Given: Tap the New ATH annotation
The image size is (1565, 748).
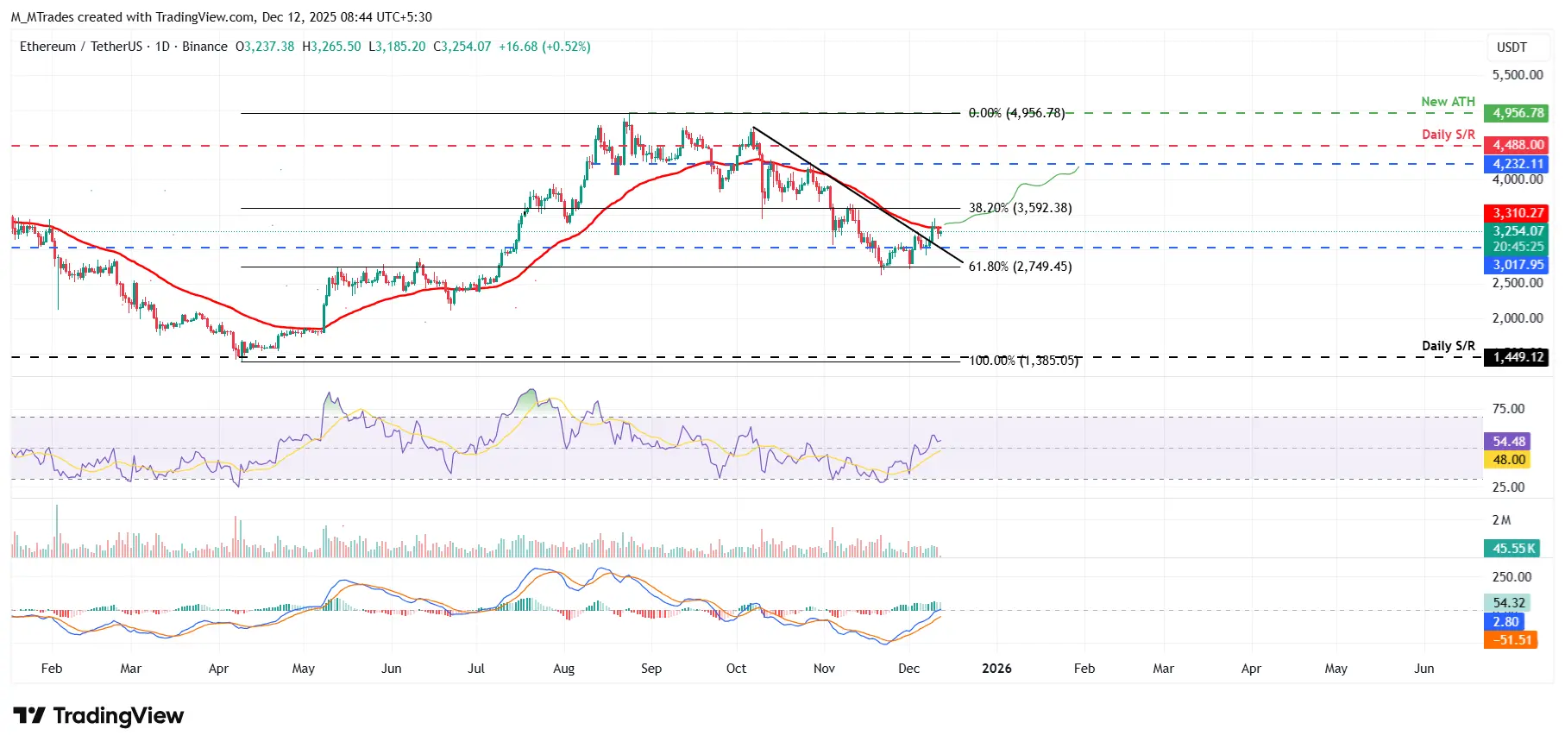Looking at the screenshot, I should [x=1448, y=102].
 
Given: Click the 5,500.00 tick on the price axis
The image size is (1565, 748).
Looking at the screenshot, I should [x=1518, y=75].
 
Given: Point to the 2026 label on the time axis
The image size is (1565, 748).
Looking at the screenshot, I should [x=996, y=669].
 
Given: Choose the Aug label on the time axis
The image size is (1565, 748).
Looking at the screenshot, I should [x=563, y=669].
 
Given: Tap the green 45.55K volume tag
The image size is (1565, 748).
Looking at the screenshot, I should [x=1514, y=549].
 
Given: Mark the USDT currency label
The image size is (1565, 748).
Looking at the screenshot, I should [x=1512, y=47].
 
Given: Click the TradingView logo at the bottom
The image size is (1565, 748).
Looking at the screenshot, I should [x=98, y=716].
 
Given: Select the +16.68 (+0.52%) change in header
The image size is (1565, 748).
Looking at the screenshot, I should [x=544, y=47].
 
